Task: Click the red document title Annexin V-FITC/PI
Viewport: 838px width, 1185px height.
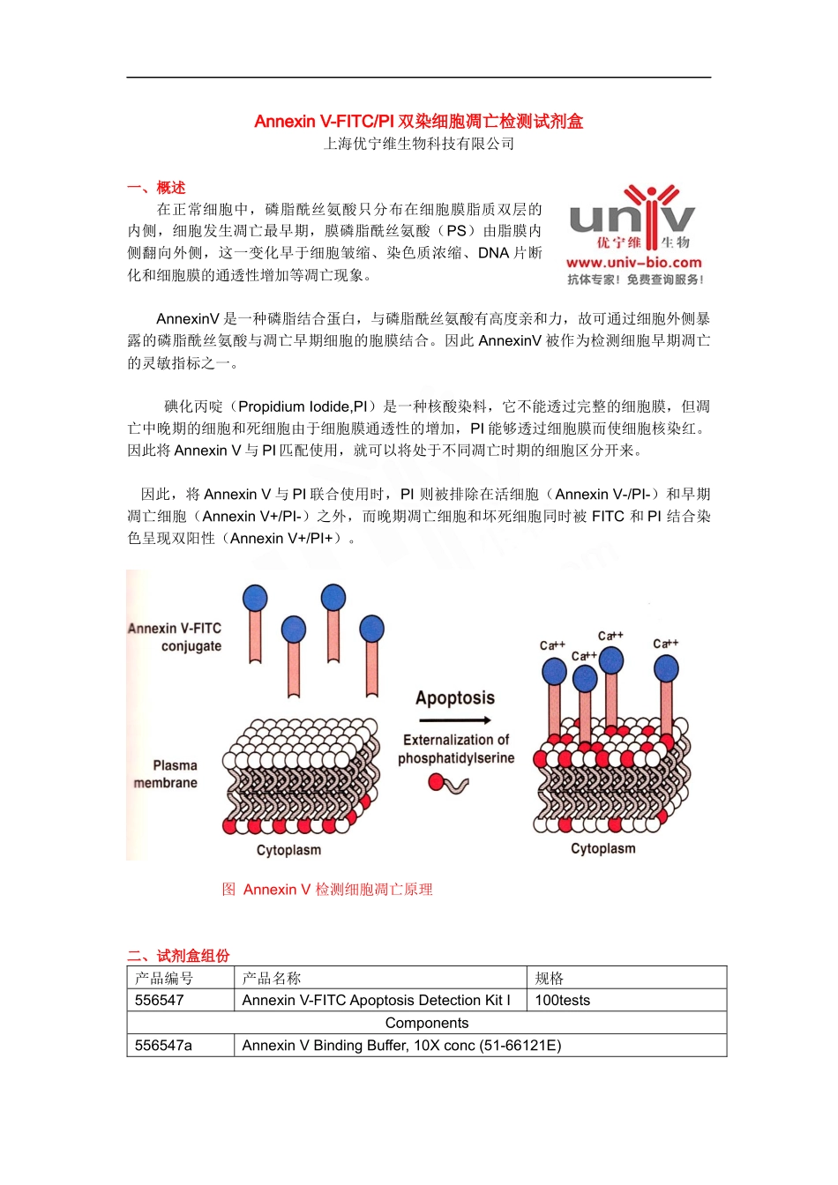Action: click(418, 122)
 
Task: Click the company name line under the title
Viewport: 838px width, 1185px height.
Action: click(418, 144)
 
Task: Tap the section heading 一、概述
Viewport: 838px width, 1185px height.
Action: click(156, 188)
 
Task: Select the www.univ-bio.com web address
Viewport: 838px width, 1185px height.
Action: click(633, 263)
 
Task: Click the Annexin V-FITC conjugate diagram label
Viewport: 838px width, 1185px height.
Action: click(176, 637)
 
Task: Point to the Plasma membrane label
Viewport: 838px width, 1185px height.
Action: click(167, 774)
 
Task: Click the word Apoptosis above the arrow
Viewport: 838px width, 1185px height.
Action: click(455, 698)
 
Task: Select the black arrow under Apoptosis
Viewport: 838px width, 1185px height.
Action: click(455, 720)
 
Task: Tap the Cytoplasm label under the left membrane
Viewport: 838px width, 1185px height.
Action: click(288, 850)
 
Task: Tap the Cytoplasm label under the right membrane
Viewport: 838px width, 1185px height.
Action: click(602, 848)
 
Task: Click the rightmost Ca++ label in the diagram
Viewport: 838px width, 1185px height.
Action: click(665, 644)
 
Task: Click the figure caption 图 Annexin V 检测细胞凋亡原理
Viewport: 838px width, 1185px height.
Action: click(327, 890)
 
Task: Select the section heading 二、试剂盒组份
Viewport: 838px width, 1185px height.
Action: click(178, 956)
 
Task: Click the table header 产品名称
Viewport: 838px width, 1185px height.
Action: click(272, 978)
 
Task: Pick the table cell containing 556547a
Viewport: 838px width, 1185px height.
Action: click(164, 1046)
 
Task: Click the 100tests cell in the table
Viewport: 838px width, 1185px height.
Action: click(563, 1000)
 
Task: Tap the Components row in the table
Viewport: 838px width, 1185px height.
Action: click(427, 1023)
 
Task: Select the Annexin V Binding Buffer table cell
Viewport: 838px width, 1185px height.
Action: click(401, 1046)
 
